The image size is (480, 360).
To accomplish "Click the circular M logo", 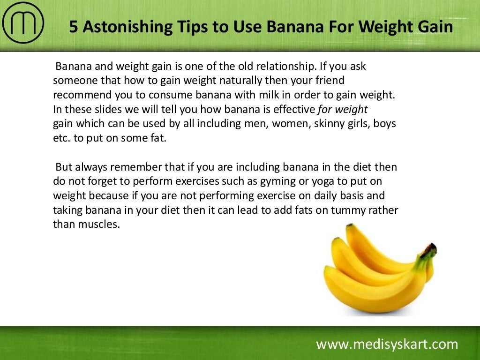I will (x=23, y=23).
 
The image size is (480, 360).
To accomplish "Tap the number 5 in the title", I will (x=74, y=27).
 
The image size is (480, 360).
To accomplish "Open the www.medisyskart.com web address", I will (x=387, y=345).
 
